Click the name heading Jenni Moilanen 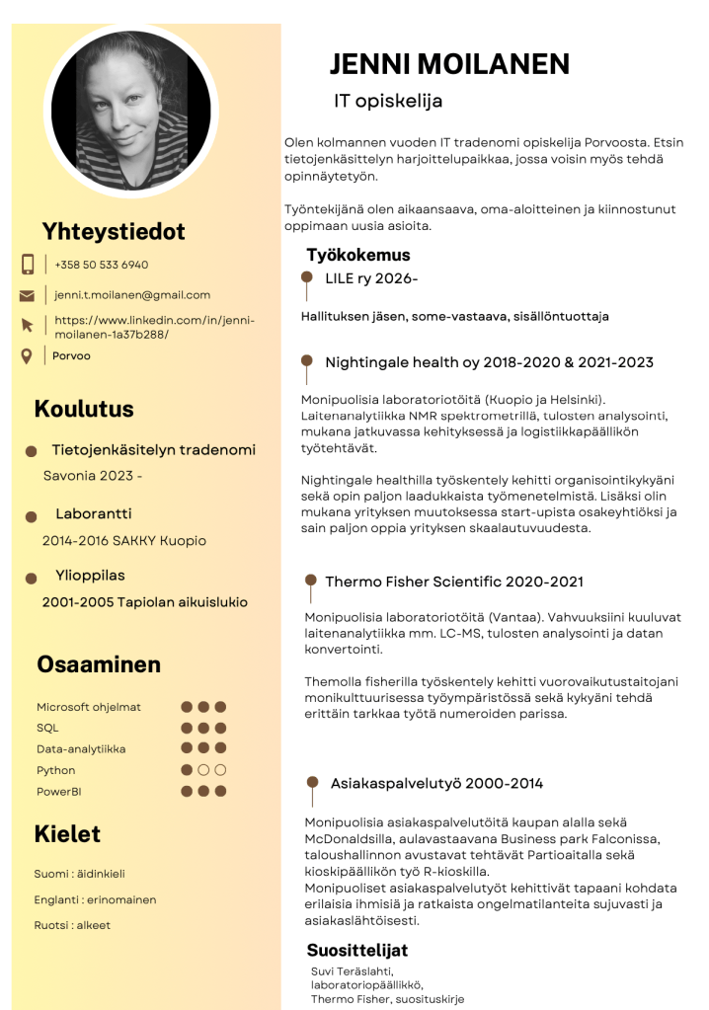coord(449,64)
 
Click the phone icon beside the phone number coord(28,265)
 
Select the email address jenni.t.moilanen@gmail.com coord(132,295)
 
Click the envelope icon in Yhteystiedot coord(28,295)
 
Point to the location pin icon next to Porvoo coord(27,355)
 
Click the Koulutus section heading coord(84,409)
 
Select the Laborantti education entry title coord(93,514)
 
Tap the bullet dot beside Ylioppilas coord(32,578)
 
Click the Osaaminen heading coord(99,664)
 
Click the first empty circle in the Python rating coord(203,770)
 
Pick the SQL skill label coord(47,728)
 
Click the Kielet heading coord(67,834)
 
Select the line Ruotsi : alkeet coord(72,925)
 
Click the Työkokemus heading coord(357,256)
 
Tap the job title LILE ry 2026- coord(371,278)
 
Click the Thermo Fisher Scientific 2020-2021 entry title coord(454,582)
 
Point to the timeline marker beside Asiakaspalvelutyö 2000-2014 coord(313,783)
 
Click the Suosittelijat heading coord(357,951)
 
